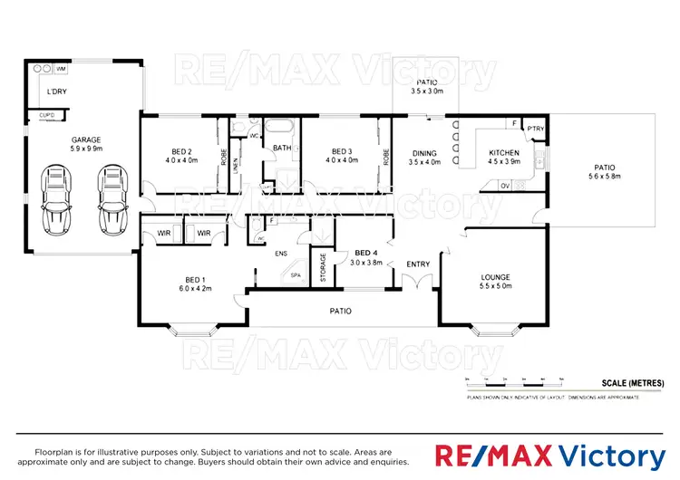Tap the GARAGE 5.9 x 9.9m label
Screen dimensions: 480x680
coord(87,144)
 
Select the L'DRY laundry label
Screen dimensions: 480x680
coord(57,92)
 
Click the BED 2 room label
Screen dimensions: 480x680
coord(180,155)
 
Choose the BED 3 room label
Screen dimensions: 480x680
coord(341,155)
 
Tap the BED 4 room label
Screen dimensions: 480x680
coord(366,257)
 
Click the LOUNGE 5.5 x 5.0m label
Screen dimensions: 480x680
coord(495,282)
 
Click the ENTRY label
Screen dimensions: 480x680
coord(418,264)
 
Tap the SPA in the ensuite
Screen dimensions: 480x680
coord(296,275)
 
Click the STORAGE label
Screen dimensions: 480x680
coord(323,267)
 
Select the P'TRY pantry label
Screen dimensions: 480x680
coord(536,129)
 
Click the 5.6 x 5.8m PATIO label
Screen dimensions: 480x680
coord(605,172)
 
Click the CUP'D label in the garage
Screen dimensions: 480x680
coord(45,115)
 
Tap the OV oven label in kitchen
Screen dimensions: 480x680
coord(506,186)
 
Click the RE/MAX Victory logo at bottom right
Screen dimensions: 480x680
coord(551,456)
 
